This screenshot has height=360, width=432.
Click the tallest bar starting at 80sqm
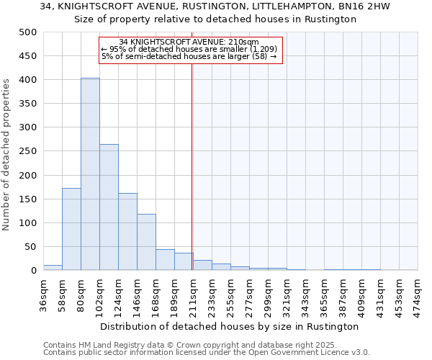click(x=90, y=174)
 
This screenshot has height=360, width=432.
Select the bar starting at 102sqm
click(x=109, y=207)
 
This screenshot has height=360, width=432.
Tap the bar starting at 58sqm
click(x=71, y=229)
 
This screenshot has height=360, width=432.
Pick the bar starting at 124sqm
click(x=127, y=231)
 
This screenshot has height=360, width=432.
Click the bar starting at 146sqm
click(x=146, y=242)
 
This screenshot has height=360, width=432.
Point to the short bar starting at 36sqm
click(x=53, y=267)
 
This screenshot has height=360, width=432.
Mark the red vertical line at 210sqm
click(x=192, y=166)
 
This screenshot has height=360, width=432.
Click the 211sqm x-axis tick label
click(x=193, y=294)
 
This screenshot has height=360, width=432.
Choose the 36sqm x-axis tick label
click(x=43, y=294)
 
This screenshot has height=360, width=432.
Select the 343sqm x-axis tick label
click(x=305, y=294)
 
